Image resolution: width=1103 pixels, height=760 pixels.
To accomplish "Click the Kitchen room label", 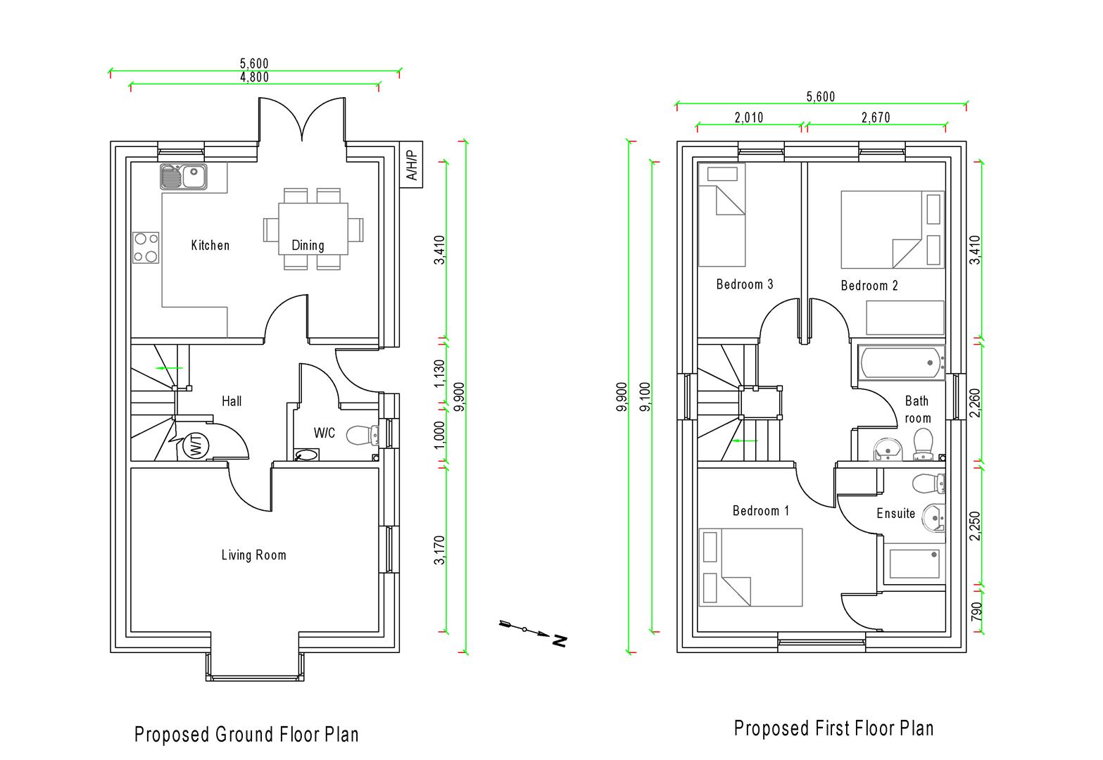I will (210, 246).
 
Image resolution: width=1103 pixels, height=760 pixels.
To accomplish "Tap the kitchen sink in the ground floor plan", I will (183, 177).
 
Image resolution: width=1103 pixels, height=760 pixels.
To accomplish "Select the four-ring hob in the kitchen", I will (146, 248).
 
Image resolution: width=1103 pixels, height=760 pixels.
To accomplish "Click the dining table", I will (313, 229).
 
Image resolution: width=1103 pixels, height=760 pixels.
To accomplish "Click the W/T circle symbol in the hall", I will (195, 445).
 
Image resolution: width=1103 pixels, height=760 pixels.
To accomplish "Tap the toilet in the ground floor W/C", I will (362, 435).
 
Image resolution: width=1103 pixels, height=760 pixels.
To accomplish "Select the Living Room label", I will (253, 555).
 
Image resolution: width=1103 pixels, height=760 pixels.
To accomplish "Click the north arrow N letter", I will (560, 640).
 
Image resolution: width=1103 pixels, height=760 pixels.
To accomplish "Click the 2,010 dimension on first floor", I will (749, 118).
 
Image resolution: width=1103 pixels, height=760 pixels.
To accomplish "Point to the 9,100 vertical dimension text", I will (645, 398).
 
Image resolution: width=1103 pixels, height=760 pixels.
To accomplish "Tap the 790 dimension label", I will (976, 610).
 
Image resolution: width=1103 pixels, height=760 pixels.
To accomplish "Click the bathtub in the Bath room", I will (901, 363).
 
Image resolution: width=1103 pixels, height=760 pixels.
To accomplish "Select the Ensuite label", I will (895, 514).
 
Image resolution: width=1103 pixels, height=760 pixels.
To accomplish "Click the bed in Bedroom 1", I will (750, 567).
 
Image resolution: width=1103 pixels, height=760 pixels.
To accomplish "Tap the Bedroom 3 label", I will (745, 284).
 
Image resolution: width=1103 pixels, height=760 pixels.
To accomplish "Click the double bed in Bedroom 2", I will (891, 229).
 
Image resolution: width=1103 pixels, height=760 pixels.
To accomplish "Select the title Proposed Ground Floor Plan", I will (246, 735).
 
